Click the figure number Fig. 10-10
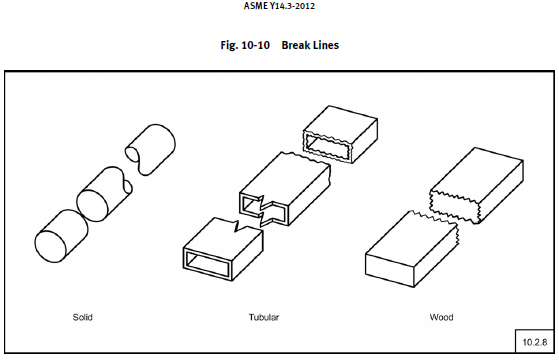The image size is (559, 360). [x=236, y=45]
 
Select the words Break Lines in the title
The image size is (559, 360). [x=311, y=45]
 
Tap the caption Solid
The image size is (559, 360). [x=83, y=317]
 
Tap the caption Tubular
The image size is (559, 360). [x=264, y=317]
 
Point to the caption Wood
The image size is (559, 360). [x=440, y=317]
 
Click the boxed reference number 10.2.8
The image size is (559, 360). [x=530, y=341]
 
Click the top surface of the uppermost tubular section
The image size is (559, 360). [x=340, y=118]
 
